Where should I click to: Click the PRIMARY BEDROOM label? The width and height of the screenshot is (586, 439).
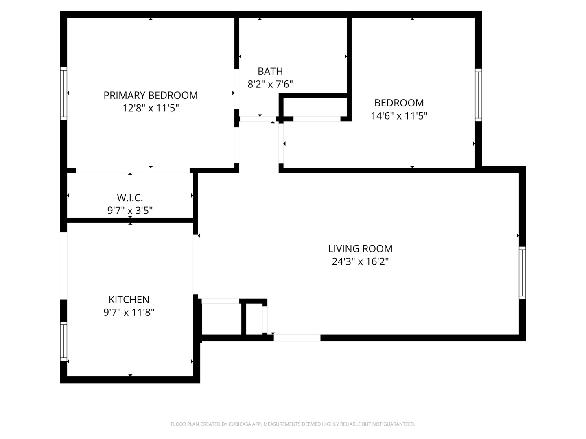point(151,95)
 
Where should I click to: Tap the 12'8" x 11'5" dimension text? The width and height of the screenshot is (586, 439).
point(151,108)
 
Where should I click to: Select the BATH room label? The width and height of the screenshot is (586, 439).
point(270,71)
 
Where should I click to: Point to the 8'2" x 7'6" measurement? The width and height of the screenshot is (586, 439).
point(270,84)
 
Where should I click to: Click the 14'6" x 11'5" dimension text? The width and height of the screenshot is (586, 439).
point(399,116)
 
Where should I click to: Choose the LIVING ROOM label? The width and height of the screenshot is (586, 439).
point(360,248)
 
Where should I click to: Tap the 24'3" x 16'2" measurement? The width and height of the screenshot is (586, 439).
point(360,261)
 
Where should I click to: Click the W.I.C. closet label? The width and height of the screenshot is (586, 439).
point(130,198)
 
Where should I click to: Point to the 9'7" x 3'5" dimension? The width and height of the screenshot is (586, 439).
point(130,211)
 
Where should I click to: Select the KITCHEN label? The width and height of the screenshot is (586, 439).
point(129,300)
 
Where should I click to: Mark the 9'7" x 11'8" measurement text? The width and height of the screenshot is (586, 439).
point(129,313)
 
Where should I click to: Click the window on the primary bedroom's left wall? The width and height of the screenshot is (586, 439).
point(63,93)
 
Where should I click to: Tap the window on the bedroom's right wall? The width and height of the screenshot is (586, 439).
point(479,95)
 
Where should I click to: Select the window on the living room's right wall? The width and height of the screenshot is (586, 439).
point(522,273)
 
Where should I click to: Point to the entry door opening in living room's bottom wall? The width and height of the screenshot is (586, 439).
point(297,338)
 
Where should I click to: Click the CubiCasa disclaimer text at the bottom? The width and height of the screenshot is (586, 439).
point(293,424)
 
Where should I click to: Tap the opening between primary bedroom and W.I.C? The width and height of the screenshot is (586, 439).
point(133,171)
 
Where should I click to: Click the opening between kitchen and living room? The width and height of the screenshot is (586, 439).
point(196,264)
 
